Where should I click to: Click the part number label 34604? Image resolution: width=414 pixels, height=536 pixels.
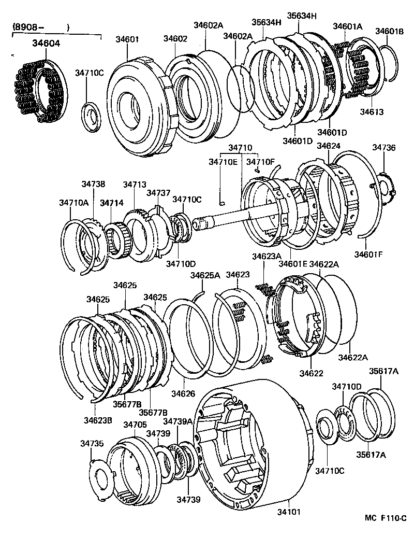(47, 43)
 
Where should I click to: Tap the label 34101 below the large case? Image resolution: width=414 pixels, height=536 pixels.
(289, 512)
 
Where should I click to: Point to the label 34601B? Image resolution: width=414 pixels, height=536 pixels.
(390, 32)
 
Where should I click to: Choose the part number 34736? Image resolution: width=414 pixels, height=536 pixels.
(384, 147)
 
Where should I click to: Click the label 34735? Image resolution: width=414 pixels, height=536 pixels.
(92, 443)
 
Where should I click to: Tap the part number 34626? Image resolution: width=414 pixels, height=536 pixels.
(183, 393)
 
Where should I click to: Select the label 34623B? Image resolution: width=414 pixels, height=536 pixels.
(98, 420)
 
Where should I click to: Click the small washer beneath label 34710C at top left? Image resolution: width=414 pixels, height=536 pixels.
(91, 116)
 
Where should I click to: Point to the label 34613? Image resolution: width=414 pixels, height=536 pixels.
(372, 112)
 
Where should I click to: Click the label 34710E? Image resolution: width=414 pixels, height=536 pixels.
(223, 162)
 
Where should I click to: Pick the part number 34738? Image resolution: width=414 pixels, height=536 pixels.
(93, 184)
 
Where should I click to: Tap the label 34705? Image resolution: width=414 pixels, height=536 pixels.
(135, 425)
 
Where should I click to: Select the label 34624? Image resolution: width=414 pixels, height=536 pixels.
(329, 146)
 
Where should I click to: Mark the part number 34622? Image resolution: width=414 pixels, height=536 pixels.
(311, 373)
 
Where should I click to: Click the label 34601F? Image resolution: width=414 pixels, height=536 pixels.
(368, 255)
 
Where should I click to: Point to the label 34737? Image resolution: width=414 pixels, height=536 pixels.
(158, 193)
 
